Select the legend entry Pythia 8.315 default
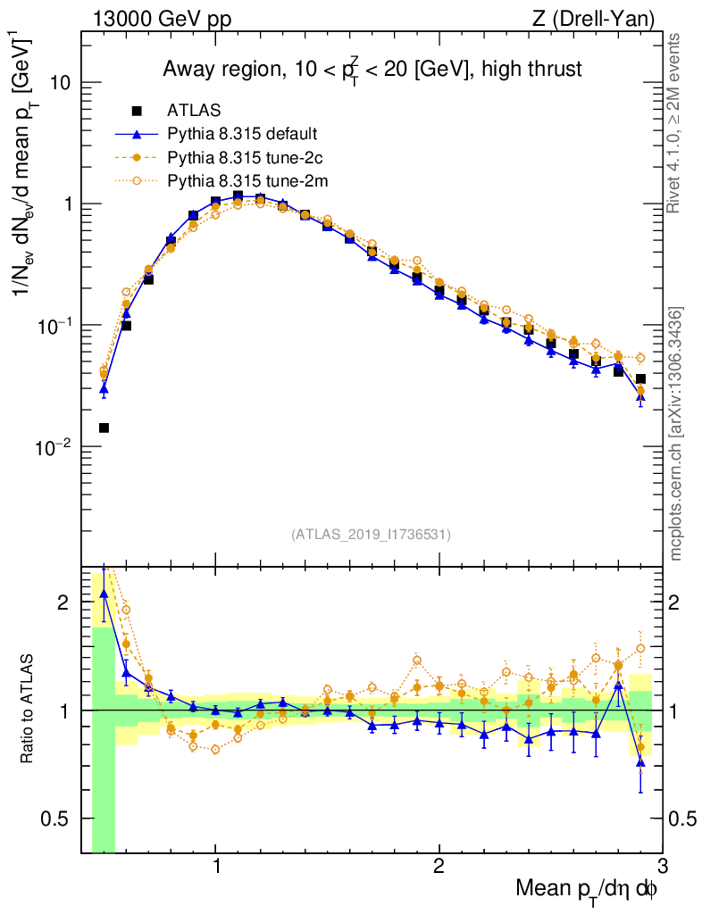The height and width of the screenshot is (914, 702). pos(242,135)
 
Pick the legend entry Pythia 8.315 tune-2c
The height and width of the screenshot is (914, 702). pos(242,158)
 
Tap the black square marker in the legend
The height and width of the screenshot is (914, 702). pos(137,112)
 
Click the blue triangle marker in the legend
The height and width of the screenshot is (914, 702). pos(137,135)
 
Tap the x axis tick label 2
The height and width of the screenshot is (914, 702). pos(439,867)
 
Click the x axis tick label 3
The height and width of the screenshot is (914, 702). pos(661,867)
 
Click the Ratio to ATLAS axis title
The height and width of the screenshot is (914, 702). pos(28,710)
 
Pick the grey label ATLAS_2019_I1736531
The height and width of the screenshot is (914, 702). pos(371,535)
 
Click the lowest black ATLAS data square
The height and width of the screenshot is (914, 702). pos(104,428)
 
